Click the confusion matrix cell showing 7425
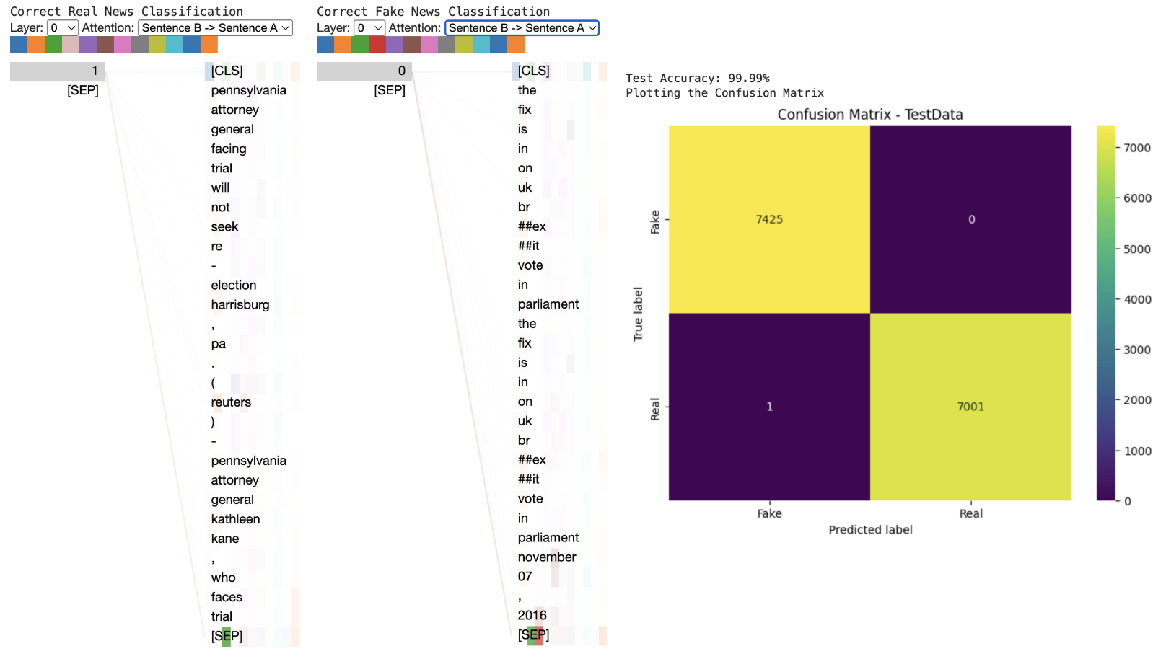[769, 219]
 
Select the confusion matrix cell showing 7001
[970, 407]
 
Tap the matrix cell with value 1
[769, 407]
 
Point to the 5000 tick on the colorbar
[1136, 249]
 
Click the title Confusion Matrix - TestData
[869, 115]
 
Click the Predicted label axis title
[870, 529]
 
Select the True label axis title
[638, 314]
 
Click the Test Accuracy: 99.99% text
[697, 78]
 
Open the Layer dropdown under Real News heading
[63, 28]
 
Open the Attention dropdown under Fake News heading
[522, 28]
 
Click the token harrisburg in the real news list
[240, 304]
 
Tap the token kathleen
[235, 519]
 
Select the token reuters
[231, 402]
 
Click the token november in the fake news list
[546, 557]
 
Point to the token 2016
[532, 615]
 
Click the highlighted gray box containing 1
[58, 71]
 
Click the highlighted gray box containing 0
[364, 71]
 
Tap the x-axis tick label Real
[970, 513]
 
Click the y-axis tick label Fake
[655, 221]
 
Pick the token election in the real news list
[233, 285]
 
